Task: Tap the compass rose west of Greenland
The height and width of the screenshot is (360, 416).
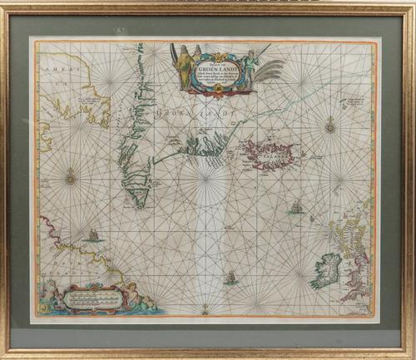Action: [x=71, y=175]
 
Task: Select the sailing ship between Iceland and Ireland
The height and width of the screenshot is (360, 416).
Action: [x=295, y=205]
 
